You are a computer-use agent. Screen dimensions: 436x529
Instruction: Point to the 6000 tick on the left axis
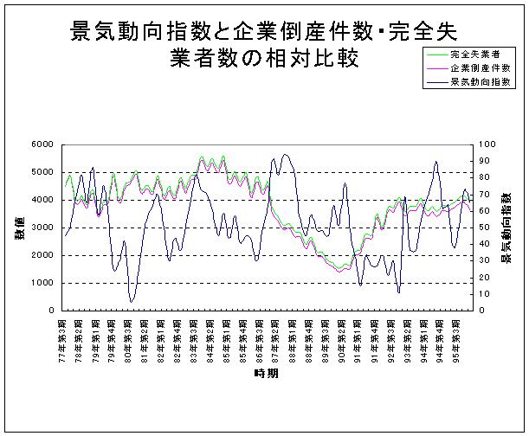41,144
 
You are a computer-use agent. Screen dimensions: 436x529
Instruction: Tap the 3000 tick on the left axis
41,228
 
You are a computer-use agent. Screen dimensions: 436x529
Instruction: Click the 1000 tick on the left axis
41,283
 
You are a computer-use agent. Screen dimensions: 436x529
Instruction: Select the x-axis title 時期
266,373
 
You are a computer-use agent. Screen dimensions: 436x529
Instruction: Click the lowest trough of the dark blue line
132,302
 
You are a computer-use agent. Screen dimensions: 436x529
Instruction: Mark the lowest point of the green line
340,266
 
